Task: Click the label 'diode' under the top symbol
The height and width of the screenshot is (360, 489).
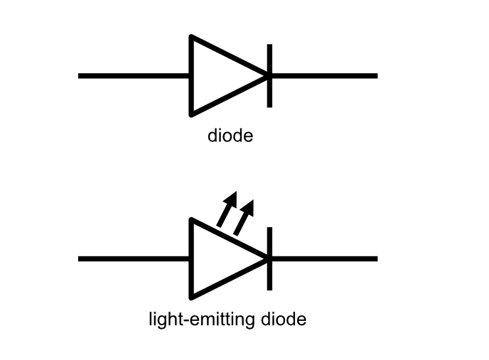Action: coord(230,135)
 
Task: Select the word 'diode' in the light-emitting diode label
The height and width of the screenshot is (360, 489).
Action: coord(283,319)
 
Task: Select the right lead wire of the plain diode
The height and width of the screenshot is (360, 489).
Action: coord(324,75)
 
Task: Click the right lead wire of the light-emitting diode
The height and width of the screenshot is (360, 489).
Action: coord(324,258)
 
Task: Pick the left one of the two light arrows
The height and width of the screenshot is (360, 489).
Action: coord(226,209)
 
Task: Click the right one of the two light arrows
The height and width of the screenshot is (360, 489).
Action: coord(243,217)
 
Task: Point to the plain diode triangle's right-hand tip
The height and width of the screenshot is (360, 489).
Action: coord(268,75)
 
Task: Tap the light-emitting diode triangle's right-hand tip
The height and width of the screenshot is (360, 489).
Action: coord(268,258)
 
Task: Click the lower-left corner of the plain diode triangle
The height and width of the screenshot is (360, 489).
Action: coord(191,114)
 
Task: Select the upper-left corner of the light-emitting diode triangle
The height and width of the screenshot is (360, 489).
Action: coord(191,220)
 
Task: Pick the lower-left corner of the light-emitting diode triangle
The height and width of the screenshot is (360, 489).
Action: coord(191,297)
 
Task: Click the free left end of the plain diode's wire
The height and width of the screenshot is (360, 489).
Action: coord(80,75)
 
